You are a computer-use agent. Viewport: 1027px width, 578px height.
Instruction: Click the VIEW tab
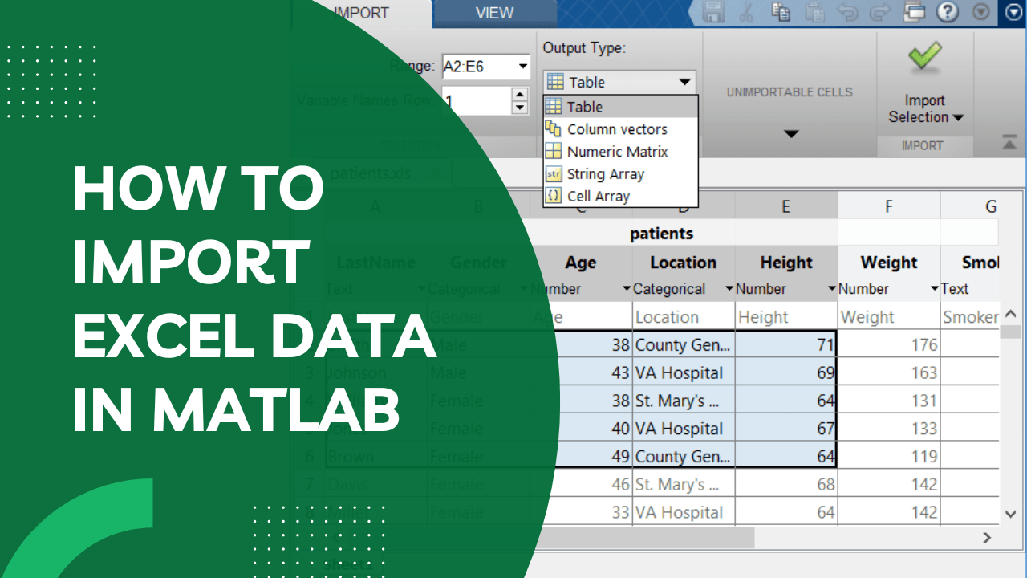[494, 13]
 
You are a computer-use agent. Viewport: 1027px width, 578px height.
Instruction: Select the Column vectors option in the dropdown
[616, 129]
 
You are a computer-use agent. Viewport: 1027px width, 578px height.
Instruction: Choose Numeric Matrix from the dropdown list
[616, 152]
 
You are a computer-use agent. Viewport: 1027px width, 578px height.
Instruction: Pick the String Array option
[605, 174]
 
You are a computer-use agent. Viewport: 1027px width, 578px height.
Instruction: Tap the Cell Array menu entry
[598, 197]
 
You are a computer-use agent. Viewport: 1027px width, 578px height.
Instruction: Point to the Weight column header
[888, 263]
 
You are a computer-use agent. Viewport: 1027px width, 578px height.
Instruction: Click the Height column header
[786, 263]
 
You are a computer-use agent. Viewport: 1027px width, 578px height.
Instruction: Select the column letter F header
[888, 207]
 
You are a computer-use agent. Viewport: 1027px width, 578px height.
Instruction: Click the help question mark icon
[948, 12]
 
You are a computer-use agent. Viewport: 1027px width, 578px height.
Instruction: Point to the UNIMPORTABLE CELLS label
[790, 92]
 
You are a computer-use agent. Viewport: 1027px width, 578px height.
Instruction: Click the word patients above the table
[661, 234]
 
